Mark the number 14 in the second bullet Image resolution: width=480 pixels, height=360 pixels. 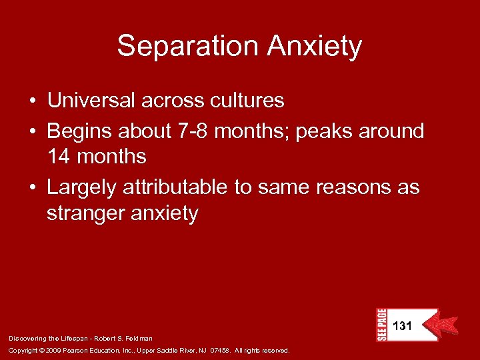click(59, 157)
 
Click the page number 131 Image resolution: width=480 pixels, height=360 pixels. click(403, 327)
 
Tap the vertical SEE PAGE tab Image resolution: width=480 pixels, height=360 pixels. click(381, 325)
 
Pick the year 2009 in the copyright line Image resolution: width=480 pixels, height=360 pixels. click(53, 351)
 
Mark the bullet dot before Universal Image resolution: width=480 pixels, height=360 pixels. click(32, 101)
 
